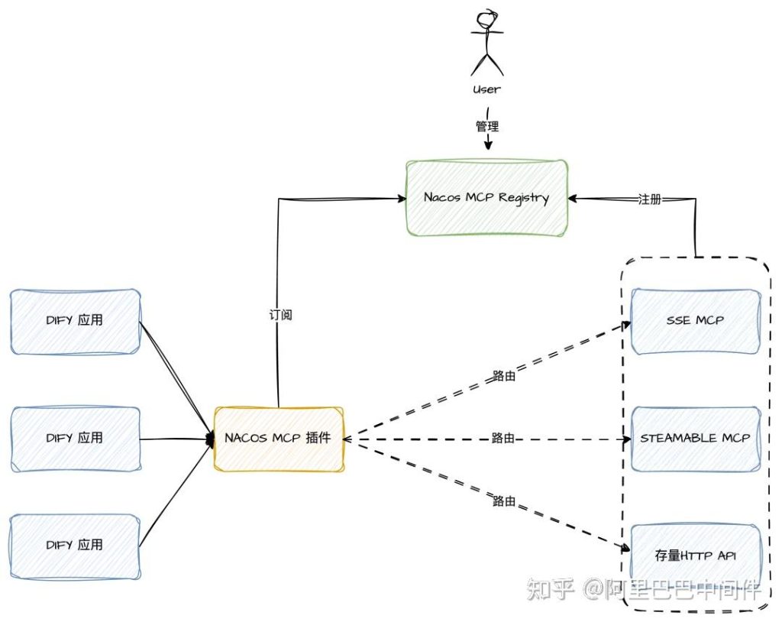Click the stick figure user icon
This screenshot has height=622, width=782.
[x=487, y=42]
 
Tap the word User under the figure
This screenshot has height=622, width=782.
[x=487, y=89]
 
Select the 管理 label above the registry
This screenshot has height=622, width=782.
[x=488, y=125]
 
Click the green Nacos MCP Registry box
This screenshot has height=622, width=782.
[x=486, y=197]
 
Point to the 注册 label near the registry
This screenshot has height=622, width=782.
[x=649, y=199]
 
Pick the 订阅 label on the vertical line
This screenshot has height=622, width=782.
[x=280, y=314]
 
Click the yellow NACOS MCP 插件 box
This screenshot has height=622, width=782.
[x=279, y=439]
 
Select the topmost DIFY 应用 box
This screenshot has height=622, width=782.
[x=75, y=320]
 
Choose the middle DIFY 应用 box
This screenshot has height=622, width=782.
[x=75, y=439]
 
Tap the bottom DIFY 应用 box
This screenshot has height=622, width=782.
[x=75, y=546]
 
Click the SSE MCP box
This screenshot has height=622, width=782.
[x=695, y=320]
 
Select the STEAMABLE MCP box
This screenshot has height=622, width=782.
[x=695, y=439]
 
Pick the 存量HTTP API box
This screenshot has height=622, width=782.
[x=695, y=556]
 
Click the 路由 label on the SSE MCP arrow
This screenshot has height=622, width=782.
[x=503, y=375]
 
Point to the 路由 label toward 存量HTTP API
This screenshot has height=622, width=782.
[x=504, y=501]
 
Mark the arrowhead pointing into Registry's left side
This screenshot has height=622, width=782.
[x=401, y=199]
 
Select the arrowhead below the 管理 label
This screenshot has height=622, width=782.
[x=488, y=145]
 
